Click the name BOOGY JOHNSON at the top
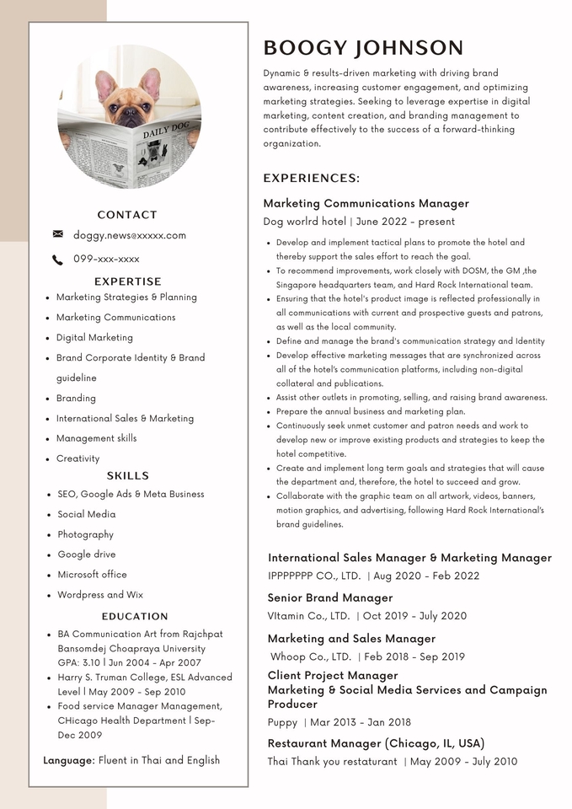pos(363,48)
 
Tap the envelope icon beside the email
pos(57,234)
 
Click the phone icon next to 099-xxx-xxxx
pos(57,260)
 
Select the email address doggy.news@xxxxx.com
pos(130,235)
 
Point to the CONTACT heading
pos(127,215)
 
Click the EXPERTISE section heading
pos(127,281)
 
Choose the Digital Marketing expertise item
pos(94,337)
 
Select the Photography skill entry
pos(85,534)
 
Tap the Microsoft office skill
pos(92,575)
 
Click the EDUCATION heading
pos(135,616)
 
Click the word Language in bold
pos(68,760)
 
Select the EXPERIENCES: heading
pos(311,179)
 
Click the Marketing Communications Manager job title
pos(366,203)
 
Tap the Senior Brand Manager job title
pos(330,597)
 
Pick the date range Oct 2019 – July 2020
pos(414,616)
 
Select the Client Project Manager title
pos(333,675)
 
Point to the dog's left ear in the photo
pos(150,84)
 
